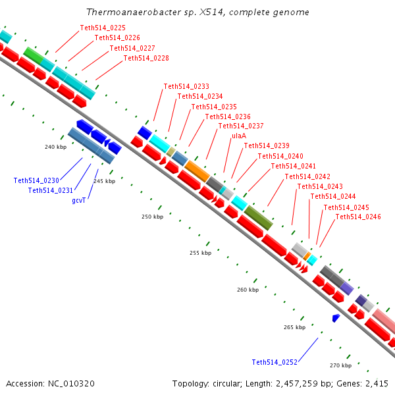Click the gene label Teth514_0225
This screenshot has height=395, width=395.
(x=103, y=28)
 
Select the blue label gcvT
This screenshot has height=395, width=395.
(x=79, y=201)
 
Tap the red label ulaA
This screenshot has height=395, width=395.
(x=239, y=136)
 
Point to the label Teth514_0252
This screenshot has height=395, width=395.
(x=275, y=362)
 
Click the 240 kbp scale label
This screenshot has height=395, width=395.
(x=56, y=147)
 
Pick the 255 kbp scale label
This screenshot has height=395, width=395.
(x=201, y=253)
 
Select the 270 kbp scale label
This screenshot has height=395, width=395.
(x=340, y=365)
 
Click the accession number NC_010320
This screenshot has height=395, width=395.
(x=71, y=384)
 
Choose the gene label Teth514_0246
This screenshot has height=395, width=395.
(x=358, y=217)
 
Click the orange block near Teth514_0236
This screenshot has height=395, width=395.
(x=197, y=171)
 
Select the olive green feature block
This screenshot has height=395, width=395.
(x=259, y=218)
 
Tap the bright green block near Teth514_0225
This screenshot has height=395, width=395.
(x=34, y=55)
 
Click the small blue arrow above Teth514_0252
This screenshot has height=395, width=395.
(x=336, y=318)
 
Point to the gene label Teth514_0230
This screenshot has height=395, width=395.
(x=36, y=180)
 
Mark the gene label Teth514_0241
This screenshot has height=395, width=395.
(x=293, y=166)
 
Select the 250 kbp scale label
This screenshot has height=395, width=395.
(x=153, y=217)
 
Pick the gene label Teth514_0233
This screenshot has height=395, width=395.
(x=186, y=86)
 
